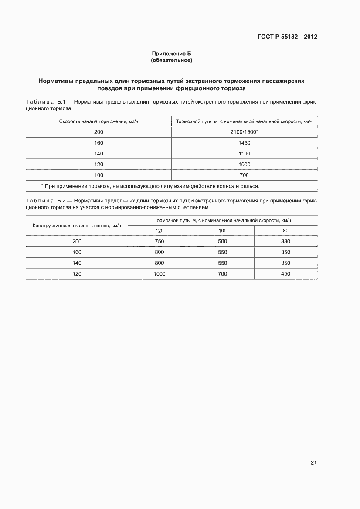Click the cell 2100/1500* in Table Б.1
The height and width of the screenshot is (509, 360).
pyautogui.click(x=244, y=132)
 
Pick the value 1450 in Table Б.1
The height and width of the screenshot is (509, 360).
pyautogui.click(x=244, y=143)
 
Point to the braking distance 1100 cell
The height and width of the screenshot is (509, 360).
pyautogui.click(x=244, y=154)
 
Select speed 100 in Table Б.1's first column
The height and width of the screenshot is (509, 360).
pyautogui.click(x=98, y=175)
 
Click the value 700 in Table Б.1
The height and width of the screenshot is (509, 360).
pyautogui.click(x=244, y=175)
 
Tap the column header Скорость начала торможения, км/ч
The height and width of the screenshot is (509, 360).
pyautogui.click(x=98, y=121)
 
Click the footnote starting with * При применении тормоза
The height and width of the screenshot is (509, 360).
pyautogui.click(x=150, y=186)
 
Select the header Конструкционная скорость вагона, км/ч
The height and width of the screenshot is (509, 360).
pyautogui.click(x=77, y=225)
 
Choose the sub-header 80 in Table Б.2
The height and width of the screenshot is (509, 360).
pyautogui.click(x=285, y=231)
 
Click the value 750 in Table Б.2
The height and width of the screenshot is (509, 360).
pyautogui.click(x=160, y=241)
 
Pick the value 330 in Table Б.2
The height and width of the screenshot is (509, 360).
pyautogui.click(x=285, y=241)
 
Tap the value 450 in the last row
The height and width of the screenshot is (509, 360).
pyautogui.click(x=285, y=274)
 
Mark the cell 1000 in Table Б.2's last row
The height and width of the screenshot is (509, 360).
pyautogui.click(x=160, y=274)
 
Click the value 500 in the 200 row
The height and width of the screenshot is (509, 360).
pyautogui.click(x=222, y=241)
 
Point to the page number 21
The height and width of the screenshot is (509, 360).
pyautogui.click(x=313, y=462)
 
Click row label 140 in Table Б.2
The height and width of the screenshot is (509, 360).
pyautogui.click(x=77, y=263)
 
